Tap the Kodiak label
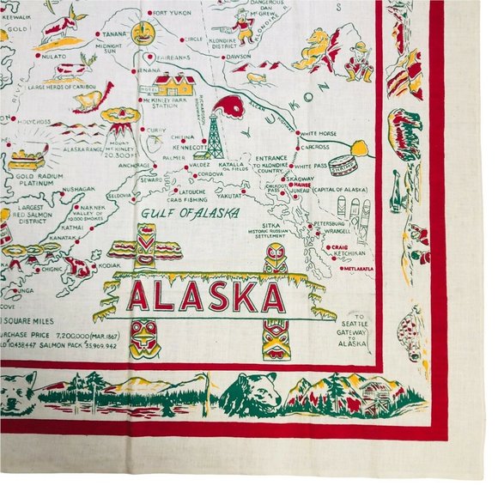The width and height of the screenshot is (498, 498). [x=111, y=266]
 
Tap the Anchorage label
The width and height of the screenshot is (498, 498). [x=134, y=165]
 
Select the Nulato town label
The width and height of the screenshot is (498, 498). [x=54, y=55]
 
